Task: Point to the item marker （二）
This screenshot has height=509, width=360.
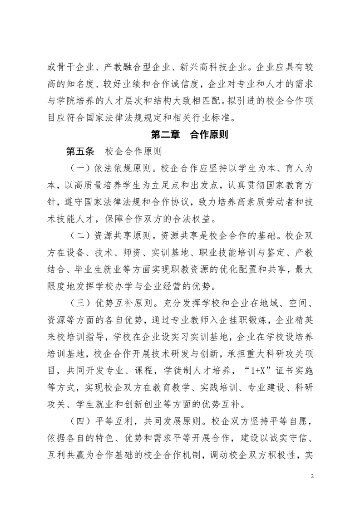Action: tap(80, 236)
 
